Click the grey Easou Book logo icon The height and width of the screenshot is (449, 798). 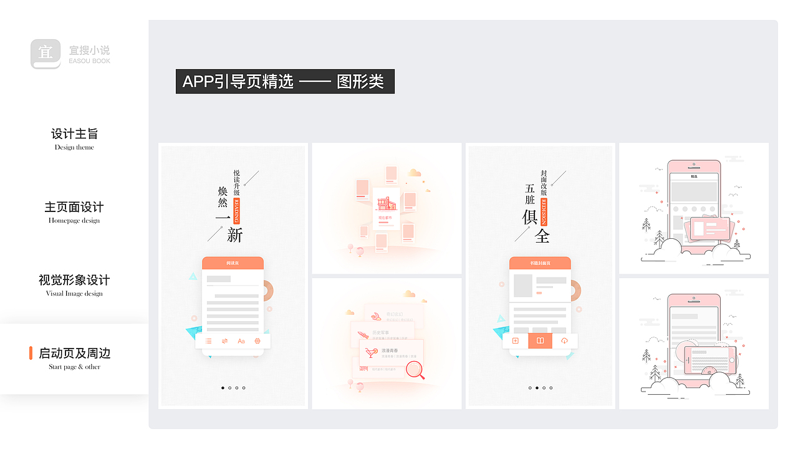(46, 54)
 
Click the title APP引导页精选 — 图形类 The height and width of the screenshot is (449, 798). (285, 82)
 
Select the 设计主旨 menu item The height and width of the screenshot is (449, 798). (74, 134)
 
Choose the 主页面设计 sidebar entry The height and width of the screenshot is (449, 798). (74, 207)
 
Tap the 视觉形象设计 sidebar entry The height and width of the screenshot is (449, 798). (74, 280)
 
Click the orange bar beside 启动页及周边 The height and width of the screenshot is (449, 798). (31, 353)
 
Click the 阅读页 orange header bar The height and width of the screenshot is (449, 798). (233, 263)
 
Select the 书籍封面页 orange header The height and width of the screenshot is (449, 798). (540, 263)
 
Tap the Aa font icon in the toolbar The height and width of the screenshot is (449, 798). (241, 341)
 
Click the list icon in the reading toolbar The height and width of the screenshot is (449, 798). (208, 341)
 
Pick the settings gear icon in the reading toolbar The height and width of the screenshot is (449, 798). (257, 341)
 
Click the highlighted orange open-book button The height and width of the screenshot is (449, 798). (540, 341)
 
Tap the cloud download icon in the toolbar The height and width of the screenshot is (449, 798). (564, 341)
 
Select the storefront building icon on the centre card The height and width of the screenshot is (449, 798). (387, 203)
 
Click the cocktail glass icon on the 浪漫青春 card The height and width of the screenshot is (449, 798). (372, 352)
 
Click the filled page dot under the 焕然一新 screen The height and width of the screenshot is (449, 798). (223, 388)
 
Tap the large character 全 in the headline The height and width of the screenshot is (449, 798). (542, 236)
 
